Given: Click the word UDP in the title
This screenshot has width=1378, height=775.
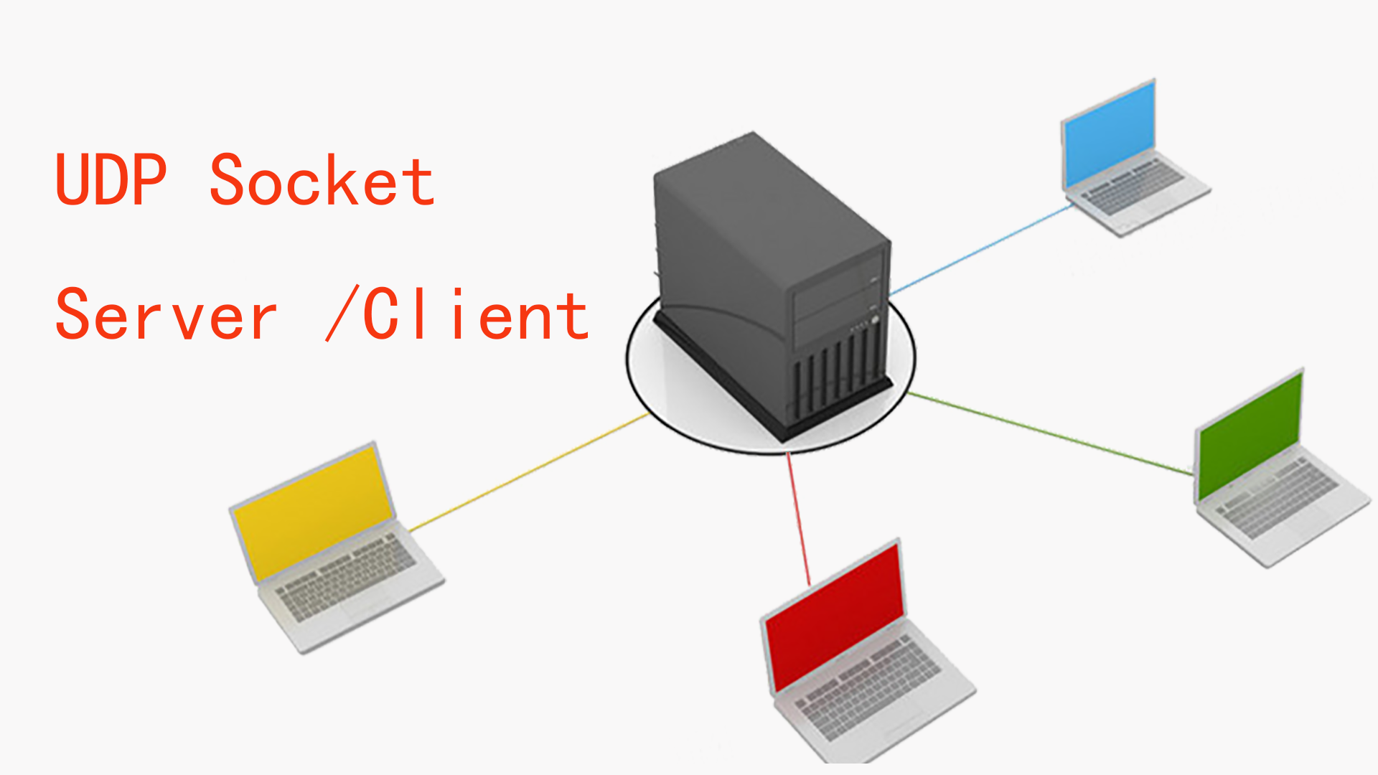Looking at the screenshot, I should point(111,179).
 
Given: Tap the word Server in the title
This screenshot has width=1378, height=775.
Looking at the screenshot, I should point(166,314).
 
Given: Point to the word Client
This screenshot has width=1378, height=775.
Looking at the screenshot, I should point(475,314).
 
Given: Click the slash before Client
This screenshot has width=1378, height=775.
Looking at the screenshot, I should point(342,314).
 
